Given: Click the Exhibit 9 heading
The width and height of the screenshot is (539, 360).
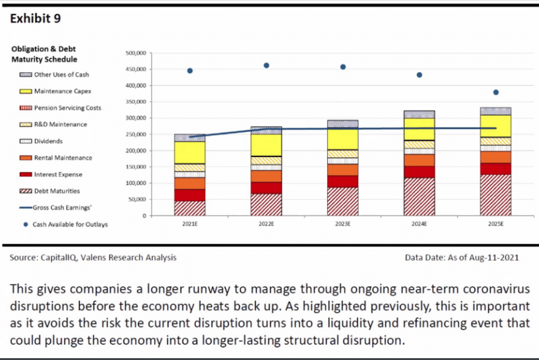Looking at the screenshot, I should (x=36, y=18).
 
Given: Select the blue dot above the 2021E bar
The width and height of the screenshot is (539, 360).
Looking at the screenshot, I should (x=190, y=71).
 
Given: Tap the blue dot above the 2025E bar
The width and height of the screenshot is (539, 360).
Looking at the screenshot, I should (x=495, y=92).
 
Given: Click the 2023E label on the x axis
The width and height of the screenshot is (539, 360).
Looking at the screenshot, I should (x=342, y=225).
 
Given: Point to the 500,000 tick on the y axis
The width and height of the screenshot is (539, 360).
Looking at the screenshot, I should (x=136, y=54).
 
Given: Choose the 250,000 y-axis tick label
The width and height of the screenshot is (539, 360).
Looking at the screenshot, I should (x=136, y=134).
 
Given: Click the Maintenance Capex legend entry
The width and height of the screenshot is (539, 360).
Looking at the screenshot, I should (x=62, y=91).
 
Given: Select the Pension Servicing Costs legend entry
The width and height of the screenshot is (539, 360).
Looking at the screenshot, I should (x=67, y=108).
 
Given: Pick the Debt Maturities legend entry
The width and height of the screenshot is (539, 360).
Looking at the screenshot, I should (x=57, y=191).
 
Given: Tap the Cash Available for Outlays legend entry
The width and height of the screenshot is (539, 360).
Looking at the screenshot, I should (x=70, y=224).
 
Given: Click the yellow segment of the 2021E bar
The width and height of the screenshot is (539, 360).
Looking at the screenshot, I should (x=190, y=152).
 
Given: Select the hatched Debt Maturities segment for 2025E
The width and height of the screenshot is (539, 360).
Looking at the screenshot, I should (x=495, y=195).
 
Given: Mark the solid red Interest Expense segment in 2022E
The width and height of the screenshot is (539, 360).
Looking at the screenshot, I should (x=266, y=187).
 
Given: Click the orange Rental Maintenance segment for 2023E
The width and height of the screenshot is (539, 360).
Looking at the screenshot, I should (x=342, y=170).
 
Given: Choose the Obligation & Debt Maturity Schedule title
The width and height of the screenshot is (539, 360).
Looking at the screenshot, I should (x=44, y=54).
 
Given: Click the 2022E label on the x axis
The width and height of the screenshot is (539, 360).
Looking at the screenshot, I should (x=266, y=225).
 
